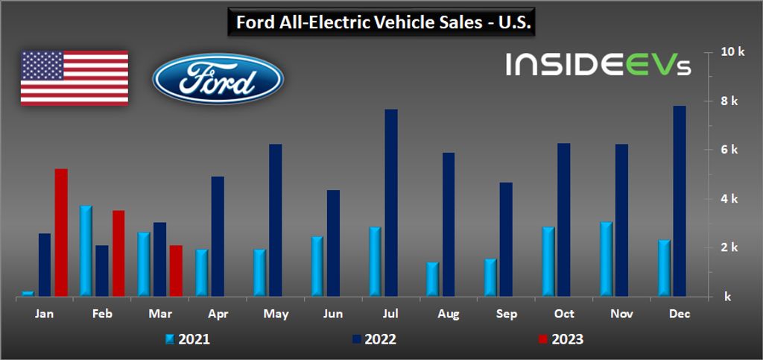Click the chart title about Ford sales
click(381, 22)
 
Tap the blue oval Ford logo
click(217, 78)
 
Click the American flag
click(74, 78)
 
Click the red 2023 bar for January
click(61, 232)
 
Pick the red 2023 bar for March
click(176, 270)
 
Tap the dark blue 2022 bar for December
click(680, 200)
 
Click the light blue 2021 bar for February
click(86, 250)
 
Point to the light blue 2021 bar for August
click(433, 279)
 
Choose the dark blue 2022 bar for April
click(218, 236)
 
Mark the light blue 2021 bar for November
click(606, 259)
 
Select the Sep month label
click(506, 315)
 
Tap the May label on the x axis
click(276, 315)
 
